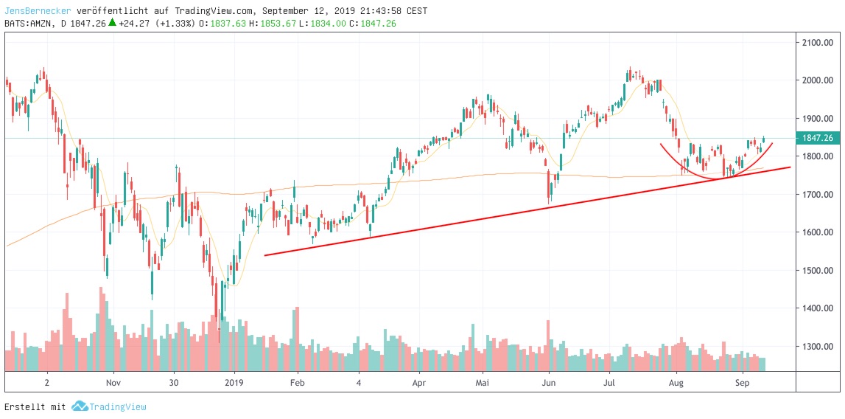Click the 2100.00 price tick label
(x=817, y=42)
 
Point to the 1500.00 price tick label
(x=817, y=271)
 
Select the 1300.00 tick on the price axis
(x=817, y=347)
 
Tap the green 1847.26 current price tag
(x=817, y=138)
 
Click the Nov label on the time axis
(x=112, y=383)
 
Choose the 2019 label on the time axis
(x=234, y=383)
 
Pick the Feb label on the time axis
(x=297, y=383)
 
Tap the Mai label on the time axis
(x=483, y=383)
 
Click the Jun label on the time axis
(x=549, y=383)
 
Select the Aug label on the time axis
(x=676, y=383)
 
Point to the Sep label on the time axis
(x=743, y=383)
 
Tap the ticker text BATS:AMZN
(x=29, y=23)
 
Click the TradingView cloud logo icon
(x=80, y=406)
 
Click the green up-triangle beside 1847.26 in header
(x=112, y=22)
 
